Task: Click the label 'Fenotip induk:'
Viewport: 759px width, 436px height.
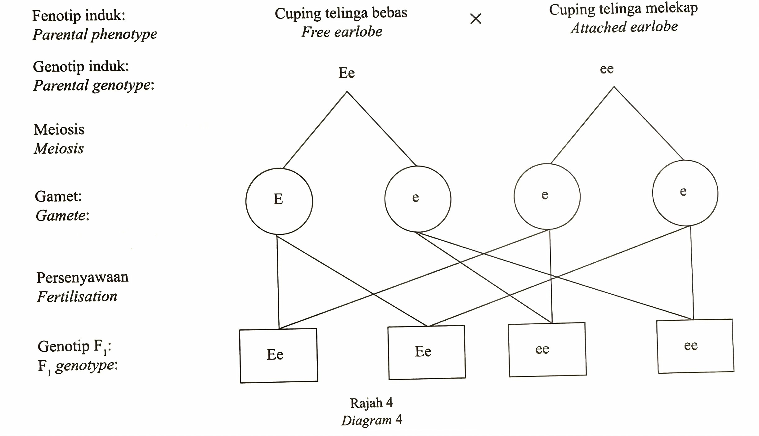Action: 79,15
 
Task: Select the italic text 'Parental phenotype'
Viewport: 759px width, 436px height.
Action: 95,34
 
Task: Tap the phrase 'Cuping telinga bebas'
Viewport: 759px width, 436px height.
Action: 341,13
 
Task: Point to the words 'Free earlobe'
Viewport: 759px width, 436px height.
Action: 342,32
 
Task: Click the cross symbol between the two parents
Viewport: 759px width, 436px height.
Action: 475,19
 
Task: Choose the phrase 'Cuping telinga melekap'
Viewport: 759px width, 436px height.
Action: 623,9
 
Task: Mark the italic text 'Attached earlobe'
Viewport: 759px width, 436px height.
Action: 624,27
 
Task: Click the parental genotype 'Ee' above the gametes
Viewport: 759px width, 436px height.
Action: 346,73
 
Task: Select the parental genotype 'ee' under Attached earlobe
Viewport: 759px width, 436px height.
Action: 607,69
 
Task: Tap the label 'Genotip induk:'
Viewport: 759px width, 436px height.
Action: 81,66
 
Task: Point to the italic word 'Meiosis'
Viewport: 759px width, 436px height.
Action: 59,149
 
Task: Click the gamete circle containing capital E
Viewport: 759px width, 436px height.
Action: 279,201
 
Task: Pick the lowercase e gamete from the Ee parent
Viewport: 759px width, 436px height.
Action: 418,199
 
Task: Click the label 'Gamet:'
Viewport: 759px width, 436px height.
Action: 58,196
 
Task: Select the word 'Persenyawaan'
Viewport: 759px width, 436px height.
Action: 82,277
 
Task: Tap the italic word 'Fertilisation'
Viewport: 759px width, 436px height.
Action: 77,296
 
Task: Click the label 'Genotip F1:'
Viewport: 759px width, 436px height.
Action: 74,346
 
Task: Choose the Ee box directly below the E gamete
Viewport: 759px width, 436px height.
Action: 279,355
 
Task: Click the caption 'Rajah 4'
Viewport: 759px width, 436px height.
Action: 371,403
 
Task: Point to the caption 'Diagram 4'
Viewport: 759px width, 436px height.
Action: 371,420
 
